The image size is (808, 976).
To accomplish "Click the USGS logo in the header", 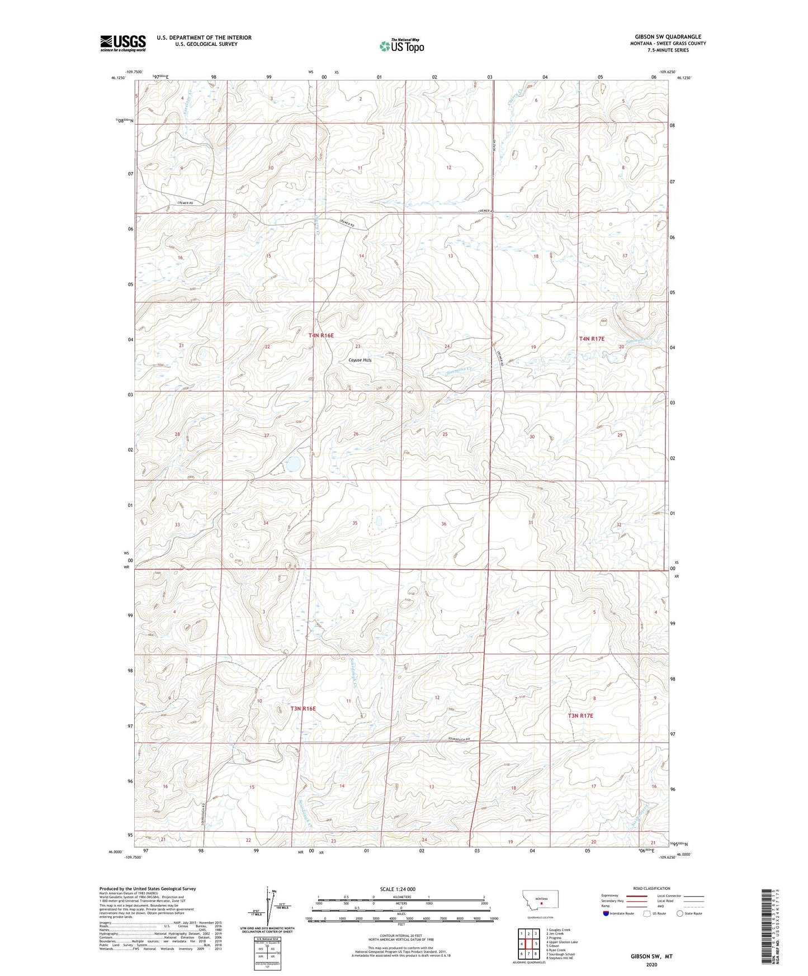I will click(x=122, y=43).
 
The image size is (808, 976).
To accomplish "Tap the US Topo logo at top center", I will click(x=401, y=46).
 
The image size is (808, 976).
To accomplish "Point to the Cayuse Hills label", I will click(x=360, y=360).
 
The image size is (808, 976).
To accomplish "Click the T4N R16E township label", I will click(x=321, y=335).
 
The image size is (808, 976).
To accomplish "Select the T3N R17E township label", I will click(x=580, y=716).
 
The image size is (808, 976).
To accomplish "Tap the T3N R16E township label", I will click(x=303, y=709).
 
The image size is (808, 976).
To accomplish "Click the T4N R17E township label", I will click(x=592, y=339).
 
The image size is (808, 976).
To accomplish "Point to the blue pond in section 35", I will click(x=379, y=521).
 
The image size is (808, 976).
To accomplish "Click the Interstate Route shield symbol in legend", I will click(x=607, y=913).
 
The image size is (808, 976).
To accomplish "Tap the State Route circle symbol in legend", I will click(x=680, y=913).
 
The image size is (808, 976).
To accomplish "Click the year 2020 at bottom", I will click(x=651, y=965).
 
